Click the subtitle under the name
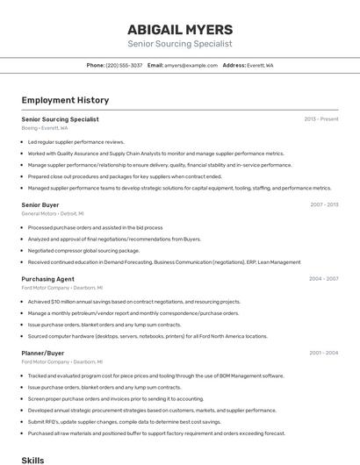pos(179,43)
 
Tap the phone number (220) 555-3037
pos(124,65)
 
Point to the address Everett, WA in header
pos(260,65)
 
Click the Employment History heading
pos(65,101)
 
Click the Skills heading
pos(32,460)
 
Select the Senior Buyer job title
pos(40,204)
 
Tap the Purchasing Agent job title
pos(48,279)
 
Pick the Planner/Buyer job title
pos(43,353)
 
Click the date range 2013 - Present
pos(321,119)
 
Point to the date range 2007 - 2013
pos(324,204)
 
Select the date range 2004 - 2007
pos(323,279)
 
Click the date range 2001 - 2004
pos(323,353)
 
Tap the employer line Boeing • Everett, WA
pos(44,128)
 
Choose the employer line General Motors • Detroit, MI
pos(53,213)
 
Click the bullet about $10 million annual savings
pos(133,302)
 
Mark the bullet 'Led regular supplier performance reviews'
pos(76,141)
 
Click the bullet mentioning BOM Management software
pos(155,376)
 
